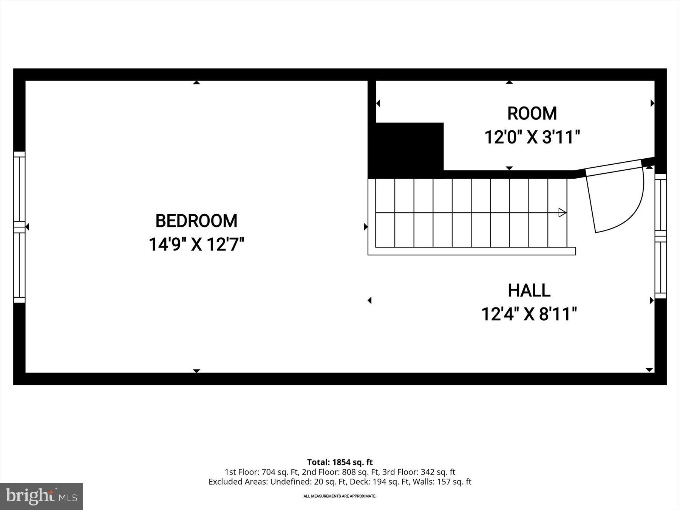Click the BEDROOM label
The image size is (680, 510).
pos(196,221)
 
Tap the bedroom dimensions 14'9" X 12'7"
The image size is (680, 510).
pos(196,244)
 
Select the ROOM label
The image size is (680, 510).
pos(532,114)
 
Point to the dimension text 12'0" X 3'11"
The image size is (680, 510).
pos(532,137)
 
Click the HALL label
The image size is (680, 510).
pos(529,291)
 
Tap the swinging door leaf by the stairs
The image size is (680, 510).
pos(614,168)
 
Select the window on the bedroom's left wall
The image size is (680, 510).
pos(19,227)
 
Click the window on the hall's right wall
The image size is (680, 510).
pos(660,236)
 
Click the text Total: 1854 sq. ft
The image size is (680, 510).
pos(340,462)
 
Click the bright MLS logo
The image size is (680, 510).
pos(42,496)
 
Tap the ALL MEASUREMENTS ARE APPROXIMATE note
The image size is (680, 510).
pos(340,496)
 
